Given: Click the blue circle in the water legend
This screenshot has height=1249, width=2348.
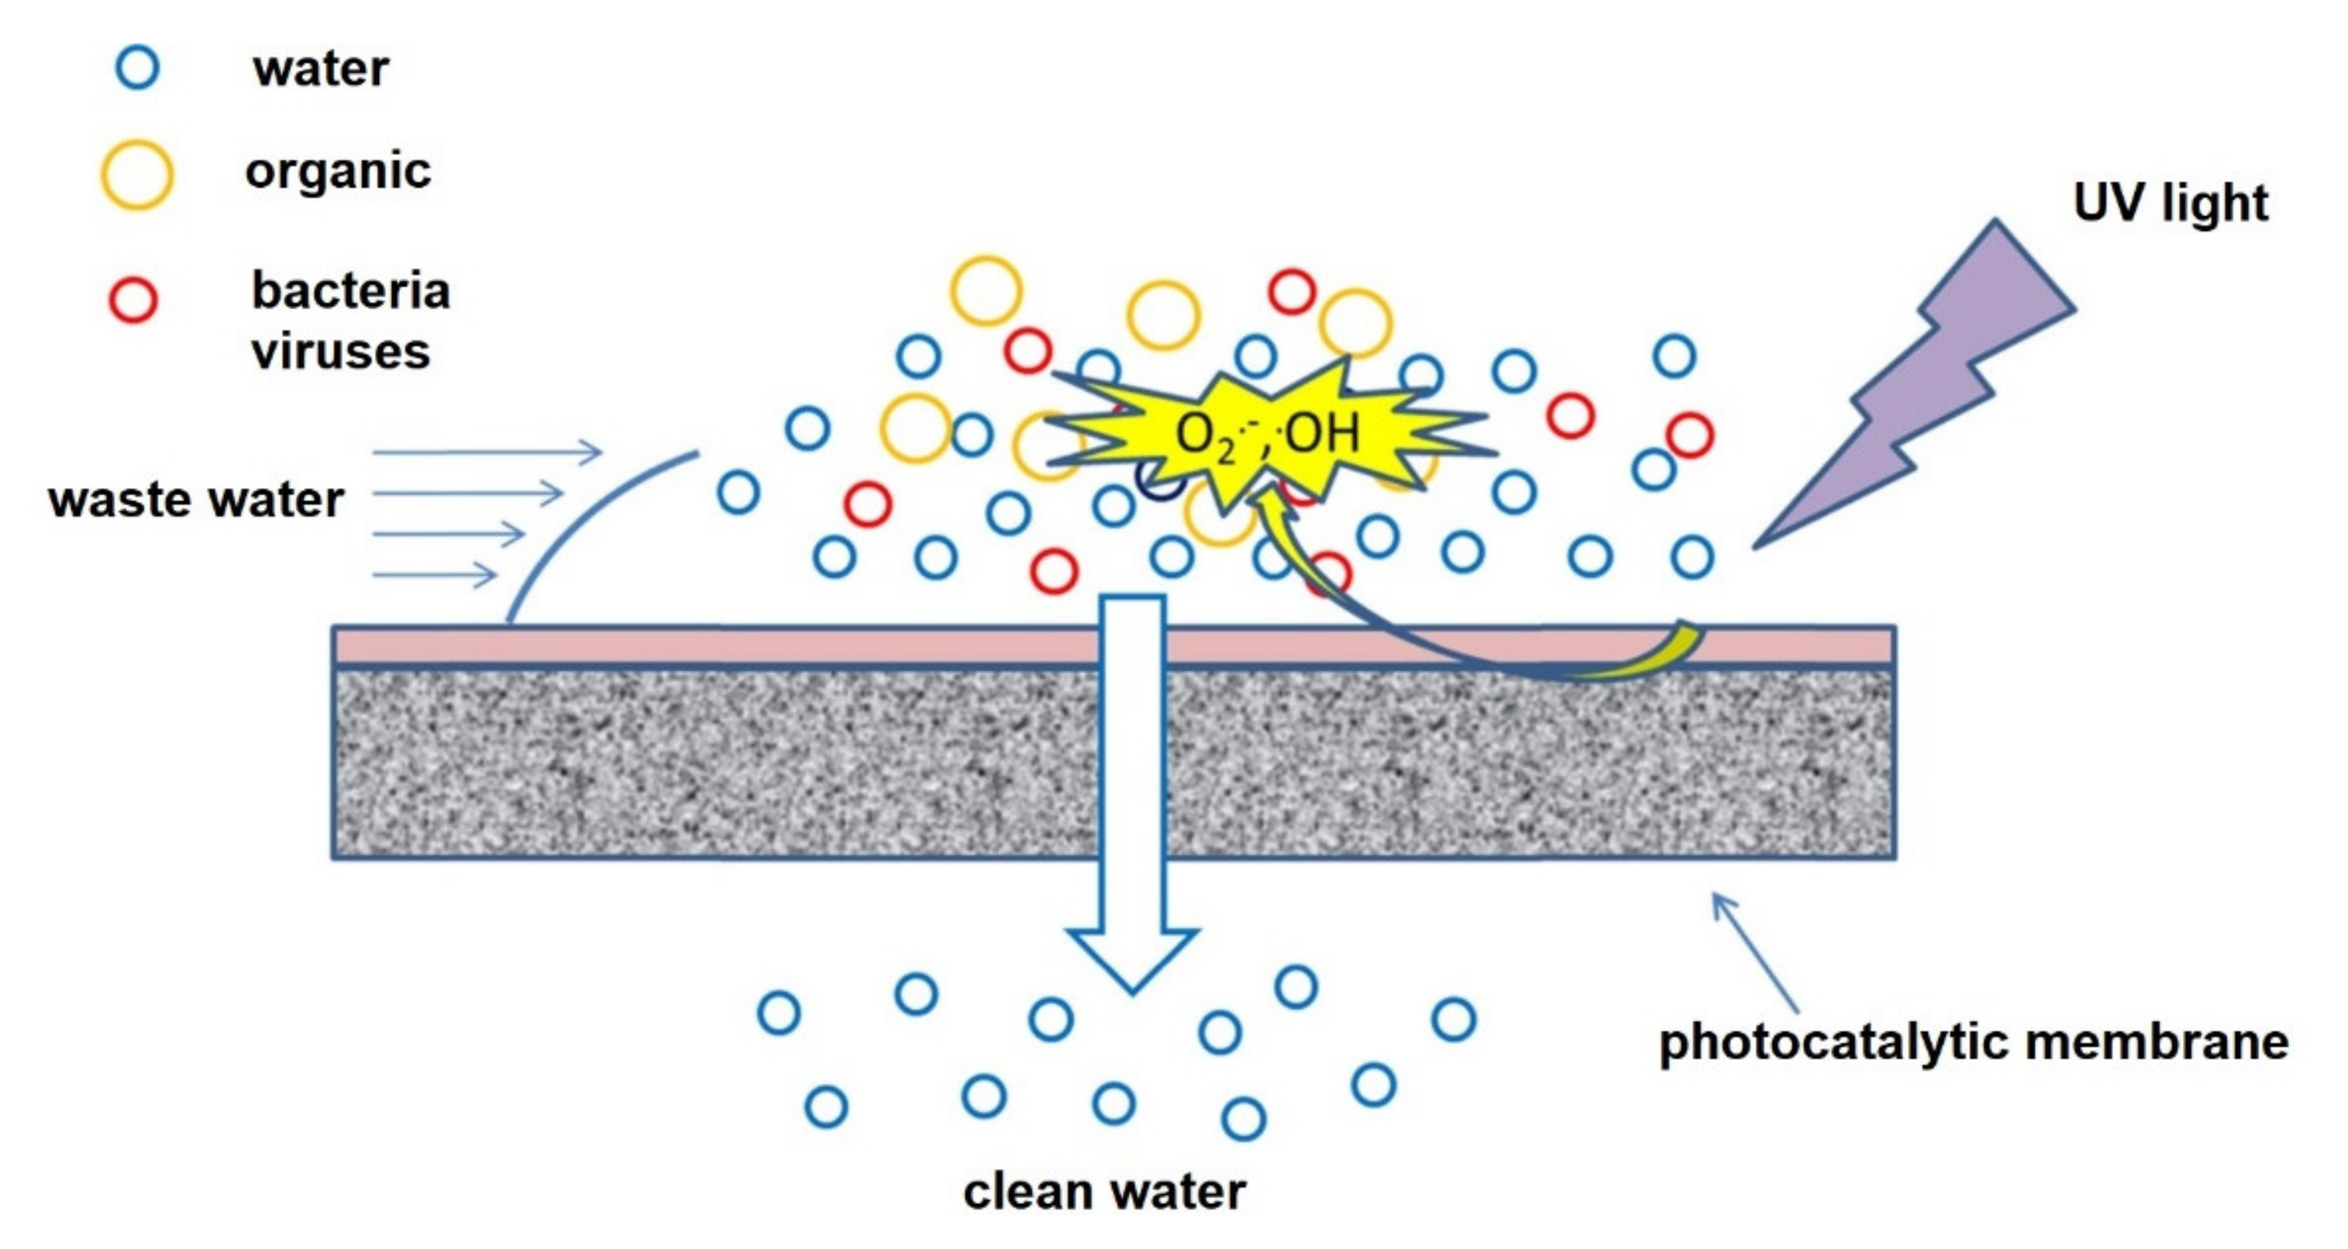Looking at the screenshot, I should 136,67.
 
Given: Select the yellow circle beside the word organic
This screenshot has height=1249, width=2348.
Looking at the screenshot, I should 136,175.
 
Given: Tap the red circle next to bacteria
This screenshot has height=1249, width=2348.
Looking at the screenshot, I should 133,299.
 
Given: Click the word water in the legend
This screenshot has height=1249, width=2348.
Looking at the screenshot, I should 321,69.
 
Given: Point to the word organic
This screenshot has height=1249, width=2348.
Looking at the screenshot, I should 337,171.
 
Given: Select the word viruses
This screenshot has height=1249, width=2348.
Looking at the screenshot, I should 340,352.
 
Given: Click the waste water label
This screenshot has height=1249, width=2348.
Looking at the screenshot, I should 196,500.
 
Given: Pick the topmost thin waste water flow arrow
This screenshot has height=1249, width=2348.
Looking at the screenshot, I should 487,451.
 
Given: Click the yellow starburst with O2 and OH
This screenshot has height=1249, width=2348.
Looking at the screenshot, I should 1267,433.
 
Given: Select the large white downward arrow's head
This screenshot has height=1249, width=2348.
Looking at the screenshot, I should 1132,957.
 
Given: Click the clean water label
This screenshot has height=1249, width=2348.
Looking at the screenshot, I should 1103,1191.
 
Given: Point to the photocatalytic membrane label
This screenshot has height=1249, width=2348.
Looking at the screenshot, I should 1974,1041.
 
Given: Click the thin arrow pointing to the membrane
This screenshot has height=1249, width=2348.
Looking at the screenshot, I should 1754,953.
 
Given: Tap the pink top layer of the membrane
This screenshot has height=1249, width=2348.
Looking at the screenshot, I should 729,646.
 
